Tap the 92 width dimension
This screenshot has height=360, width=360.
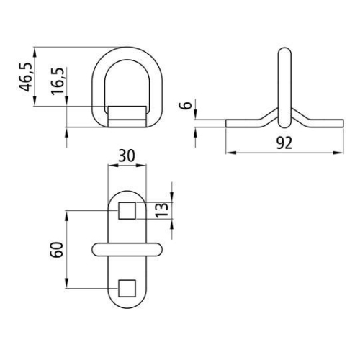click(x=284, y=143)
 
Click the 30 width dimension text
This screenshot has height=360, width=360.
click(x=126, y=156)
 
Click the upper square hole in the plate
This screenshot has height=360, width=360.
click(x=126, y=211)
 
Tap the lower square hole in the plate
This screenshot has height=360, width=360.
click(x=126, y=287)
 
